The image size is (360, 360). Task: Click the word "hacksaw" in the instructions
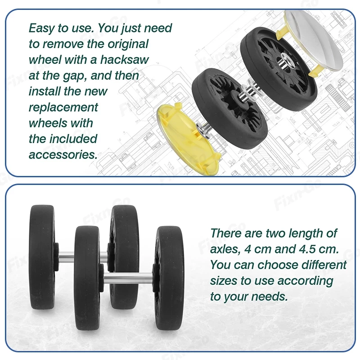[125, 60]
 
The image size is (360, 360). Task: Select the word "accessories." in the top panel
[63, 154]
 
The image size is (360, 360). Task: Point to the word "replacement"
[63, 108]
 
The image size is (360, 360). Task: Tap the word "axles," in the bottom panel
[225, 249]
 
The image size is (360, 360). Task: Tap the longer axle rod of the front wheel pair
[128, 278]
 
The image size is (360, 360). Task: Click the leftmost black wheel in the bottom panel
[43, 257]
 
